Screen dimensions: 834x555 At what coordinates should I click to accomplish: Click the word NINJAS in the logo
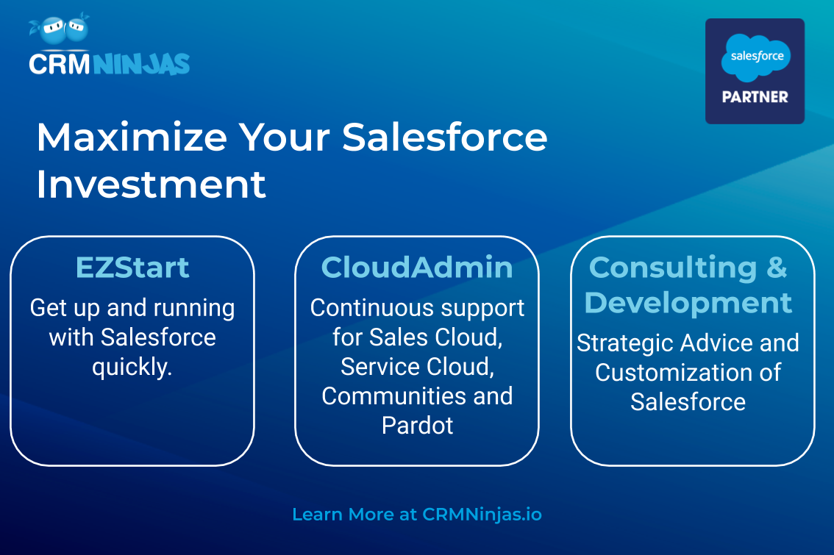coord(141,65)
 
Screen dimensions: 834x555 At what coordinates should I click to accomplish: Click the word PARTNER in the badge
coord(755,97)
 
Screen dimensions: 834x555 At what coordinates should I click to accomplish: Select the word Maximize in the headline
coord(132,137)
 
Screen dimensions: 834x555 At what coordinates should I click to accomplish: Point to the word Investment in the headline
coord(151,185)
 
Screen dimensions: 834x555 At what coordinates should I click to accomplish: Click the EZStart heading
coord(132,268)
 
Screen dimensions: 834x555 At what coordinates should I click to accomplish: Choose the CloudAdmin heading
coord(417,268)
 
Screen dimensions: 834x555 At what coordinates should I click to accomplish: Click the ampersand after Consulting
coord(777,267)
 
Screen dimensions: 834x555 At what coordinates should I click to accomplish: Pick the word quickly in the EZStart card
coord(132,368)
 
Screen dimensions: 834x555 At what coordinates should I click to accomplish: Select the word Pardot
coord(418,426)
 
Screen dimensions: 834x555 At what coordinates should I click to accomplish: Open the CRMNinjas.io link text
coord(482,515)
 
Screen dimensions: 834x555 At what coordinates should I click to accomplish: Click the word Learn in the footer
coord(316,514)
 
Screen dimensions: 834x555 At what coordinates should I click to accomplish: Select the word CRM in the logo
coord(60,65)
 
